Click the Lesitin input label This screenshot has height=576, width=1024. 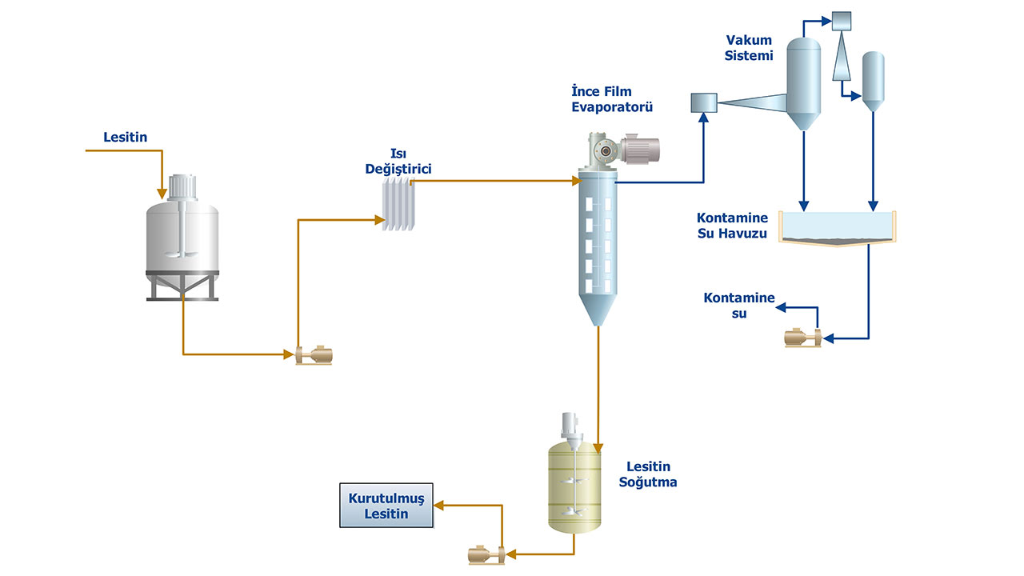tap(125, 138)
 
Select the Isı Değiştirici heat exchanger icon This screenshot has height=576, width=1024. tap(398, 206)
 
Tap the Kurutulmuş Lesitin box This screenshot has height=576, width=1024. tap(386, 506)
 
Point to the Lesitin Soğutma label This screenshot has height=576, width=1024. tap(648, 474)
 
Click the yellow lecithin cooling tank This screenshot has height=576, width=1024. tap(574, 488)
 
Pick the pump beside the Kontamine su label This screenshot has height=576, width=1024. tap(803, 339)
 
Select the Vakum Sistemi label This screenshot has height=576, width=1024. tap(749, 47)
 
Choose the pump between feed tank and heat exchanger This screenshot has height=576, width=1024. tap(313, 354)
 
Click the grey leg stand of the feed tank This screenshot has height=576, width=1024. tap(182, 286)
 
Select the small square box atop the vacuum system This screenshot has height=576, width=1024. tap(843, 19)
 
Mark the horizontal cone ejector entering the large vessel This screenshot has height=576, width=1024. tap(752, 102)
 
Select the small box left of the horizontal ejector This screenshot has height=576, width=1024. tap(703, 102)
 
